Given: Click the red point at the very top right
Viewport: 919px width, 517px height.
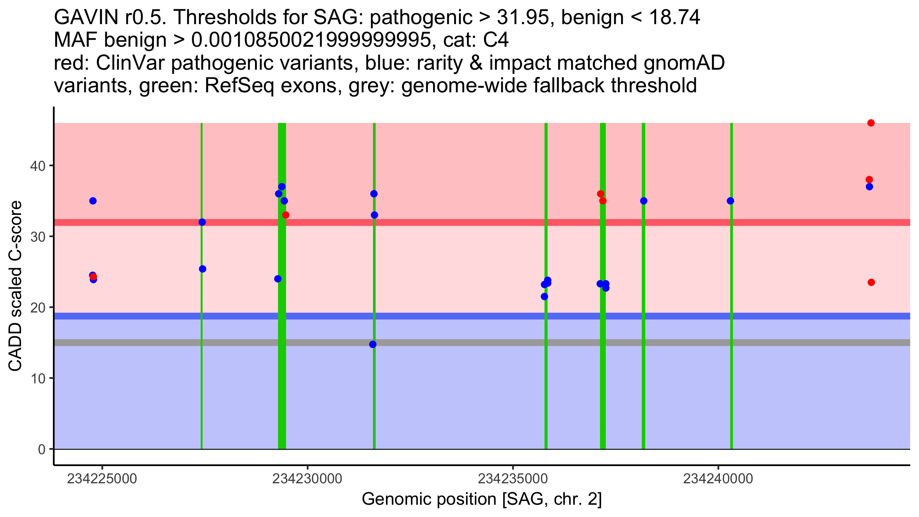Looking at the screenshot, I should (871, 123).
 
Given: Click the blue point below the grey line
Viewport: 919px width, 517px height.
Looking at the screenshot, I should (373, 344).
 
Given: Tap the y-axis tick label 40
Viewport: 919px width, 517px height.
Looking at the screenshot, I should (38, 166).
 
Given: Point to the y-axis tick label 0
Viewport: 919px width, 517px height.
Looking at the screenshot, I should (42, 449).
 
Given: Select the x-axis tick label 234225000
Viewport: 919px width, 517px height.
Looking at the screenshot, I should (102, 479).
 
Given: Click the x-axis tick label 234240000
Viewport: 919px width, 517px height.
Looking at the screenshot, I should (718, 479).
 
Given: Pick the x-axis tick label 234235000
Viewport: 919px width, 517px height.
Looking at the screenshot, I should (513, 479).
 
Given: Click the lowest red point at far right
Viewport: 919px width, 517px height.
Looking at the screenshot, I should (871, 282).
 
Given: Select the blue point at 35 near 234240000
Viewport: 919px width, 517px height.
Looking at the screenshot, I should (730, 201).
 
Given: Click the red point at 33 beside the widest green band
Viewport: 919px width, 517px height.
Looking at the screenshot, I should (286, 215).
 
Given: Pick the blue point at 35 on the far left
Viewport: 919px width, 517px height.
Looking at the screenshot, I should (93, 201).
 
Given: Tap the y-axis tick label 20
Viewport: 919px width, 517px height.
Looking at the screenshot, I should (38, 308).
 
